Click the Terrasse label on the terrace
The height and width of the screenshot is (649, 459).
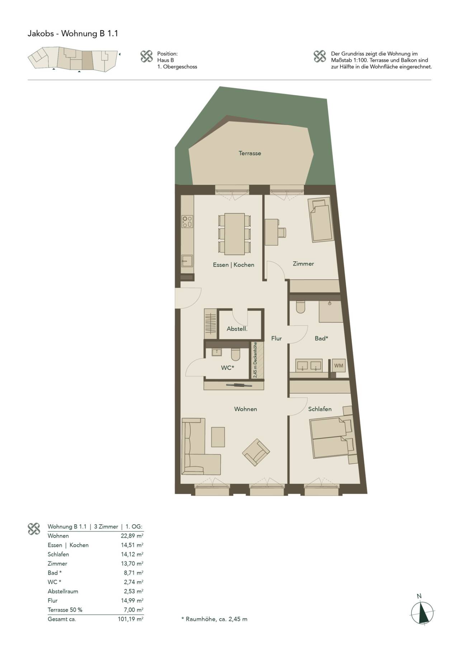click(250, 153)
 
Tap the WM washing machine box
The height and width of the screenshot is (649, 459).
click(339, 366)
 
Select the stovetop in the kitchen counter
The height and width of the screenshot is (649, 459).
click(187, 221)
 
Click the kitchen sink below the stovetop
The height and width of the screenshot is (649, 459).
click(187, 261)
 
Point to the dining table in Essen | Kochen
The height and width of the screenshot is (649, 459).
click(235, 234)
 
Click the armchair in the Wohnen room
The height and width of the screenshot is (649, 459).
click(256, 453)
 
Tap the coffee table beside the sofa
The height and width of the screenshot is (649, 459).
click(218, 437)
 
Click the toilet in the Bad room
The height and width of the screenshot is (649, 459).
click(300, 307)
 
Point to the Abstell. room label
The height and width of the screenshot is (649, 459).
click(237, 329)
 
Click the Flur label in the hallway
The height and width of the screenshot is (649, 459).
click(276, 338)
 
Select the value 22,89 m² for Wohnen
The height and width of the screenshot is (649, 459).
click(132, 536)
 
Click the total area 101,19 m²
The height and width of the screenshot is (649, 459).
click(131, 619)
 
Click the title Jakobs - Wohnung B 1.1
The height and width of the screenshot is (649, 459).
click(73, 34)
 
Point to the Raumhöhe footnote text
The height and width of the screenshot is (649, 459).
click(214, 619)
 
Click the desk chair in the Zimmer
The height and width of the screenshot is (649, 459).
click(282, 232)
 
